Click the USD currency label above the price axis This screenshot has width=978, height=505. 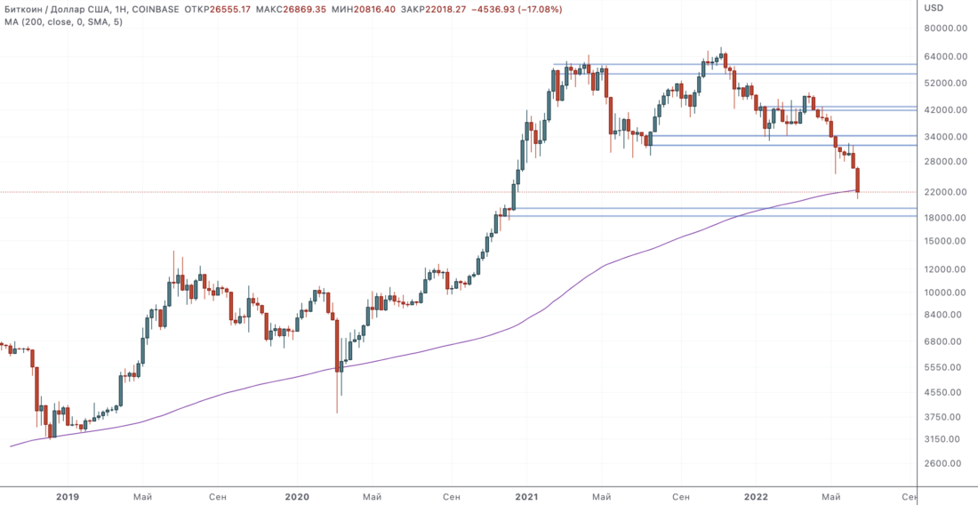pyautogui.click(x=934, y=8)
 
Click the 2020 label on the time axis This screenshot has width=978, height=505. pyautogui.click(x=297, y=496)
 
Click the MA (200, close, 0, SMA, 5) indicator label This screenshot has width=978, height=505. pyautogui.click(x=62, y=21)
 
